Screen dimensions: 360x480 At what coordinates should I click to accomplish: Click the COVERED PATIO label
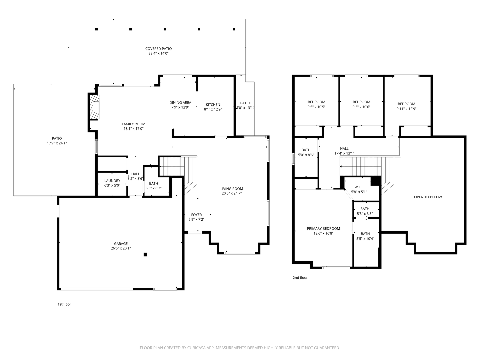(x=158, y=49)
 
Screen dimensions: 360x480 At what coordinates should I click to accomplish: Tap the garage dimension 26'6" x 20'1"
(x=121, y=248)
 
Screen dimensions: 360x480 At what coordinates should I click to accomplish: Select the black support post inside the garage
(x=145, y=255)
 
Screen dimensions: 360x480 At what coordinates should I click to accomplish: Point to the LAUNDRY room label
(x=112, y=181)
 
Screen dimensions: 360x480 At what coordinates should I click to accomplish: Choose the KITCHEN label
(x=213, y=105)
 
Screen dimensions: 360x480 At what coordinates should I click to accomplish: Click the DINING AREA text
(x=180, y=103)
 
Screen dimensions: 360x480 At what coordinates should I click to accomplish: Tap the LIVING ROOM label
(x=231, y=189)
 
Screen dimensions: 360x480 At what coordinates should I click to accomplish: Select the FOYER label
(x=196, y=215)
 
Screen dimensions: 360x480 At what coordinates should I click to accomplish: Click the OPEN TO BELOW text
(x=428, y=197)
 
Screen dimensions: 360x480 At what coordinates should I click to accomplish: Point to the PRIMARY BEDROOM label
(x=323, y=229)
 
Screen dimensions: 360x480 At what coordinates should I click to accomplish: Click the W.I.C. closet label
(x=359, y=187)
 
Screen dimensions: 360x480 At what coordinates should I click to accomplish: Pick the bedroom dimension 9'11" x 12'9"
(x=406, y=109)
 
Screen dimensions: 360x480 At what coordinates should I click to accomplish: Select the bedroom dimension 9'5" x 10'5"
(x=316, y=107)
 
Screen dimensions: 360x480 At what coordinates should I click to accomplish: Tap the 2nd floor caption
(x=300, y=278)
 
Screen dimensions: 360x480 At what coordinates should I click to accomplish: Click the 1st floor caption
(x=64, y=304)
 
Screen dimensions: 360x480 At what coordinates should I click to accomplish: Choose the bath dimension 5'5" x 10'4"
(x=365, y=239)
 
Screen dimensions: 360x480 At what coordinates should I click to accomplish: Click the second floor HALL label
(x=344, y=149)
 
